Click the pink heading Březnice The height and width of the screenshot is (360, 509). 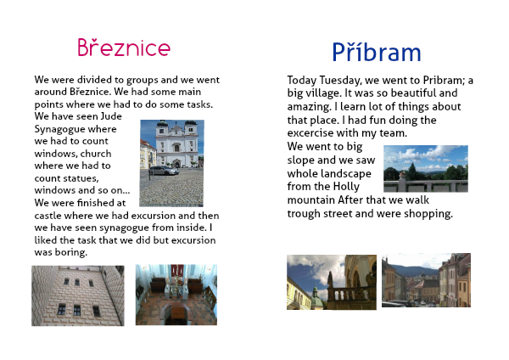coord(124,48)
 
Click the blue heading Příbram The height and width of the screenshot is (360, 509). coord(377,52)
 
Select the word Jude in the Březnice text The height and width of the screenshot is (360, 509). coord(111,116)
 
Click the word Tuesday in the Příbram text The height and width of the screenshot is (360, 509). coord(339,80)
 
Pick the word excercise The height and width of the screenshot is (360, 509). coord(310,133)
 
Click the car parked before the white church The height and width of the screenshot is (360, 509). coord(164,171)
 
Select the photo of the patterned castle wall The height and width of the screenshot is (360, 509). coord(78,295)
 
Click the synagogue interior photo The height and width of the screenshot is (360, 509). coord(176,295)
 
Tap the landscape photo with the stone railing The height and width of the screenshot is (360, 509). coord(426,169)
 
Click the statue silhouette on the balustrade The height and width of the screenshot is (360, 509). coord(330,279)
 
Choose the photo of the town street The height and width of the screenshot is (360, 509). coord(426,280)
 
